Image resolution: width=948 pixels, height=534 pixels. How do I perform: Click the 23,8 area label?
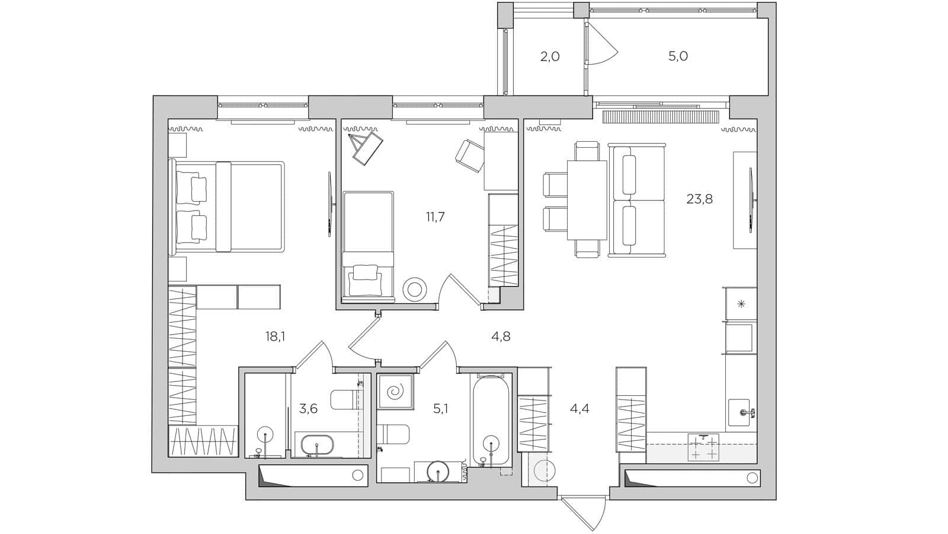click(x=699, y=199)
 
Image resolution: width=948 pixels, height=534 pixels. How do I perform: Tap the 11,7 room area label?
click(x=435, y=217)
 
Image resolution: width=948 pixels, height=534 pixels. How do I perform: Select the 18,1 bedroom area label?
click(x=275, y=337)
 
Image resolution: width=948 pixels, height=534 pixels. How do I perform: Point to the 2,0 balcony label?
click(x=549, y=57)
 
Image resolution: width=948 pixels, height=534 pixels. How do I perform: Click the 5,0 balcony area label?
click(x=678, y=57)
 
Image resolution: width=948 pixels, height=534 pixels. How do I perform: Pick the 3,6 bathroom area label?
click(x=308, y=408)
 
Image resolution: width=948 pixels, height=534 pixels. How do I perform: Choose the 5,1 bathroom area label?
click(x=440, y=408)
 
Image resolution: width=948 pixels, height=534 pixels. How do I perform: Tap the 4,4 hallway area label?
click(x=579, y=408)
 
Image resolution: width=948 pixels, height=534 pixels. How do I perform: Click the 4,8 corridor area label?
click(x=501, y=337)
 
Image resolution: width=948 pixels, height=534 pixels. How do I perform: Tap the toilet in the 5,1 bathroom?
click(x=393, y=434)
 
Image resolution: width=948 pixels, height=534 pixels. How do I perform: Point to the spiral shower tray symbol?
click(x=395, y=392)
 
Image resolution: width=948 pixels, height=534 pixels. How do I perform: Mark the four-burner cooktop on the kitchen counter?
click(x=703, y=447)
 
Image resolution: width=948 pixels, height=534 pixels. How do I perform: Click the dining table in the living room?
click(x=587, y=200)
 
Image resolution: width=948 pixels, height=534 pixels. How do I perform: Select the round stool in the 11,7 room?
click(x=415, y=290)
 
